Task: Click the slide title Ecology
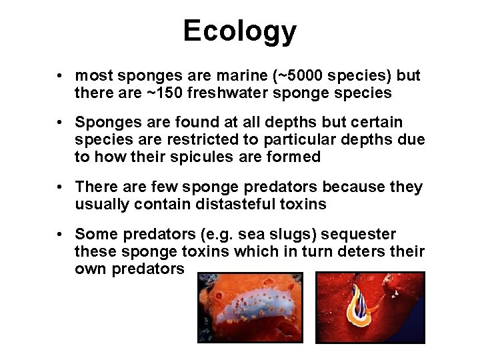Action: click(x=239, y=31)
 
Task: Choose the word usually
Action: click(x=102, y=205)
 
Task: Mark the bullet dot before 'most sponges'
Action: click(x=60, y=75)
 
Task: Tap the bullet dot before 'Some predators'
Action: click(x=60, y=235)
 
